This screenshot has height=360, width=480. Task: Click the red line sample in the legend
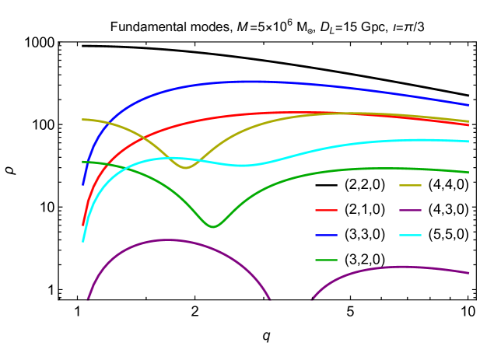tap(326, 210)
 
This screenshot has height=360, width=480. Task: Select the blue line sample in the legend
tap(326, 235)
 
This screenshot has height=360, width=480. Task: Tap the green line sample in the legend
tap(326, 260)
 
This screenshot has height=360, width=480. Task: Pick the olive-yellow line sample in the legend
tap(410, 185)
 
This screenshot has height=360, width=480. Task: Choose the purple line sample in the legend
tap(410, 210)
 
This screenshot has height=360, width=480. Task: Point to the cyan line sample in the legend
tap(410, 235)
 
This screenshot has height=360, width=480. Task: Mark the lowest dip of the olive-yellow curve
tap(185, 167)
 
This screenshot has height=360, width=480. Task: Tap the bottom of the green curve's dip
tap(213, 226)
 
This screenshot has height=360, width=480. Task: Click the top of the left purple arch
tap(166, 240)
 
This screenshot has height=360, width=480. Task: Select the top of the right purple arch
tap(401, 267)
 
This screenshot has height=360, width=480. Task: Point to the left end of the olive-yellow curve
tap(83, 119)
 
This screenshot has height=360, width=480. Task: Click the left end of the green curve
tap(83, 162)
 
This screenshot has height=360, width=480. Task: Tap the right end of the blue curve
tap(468, 104)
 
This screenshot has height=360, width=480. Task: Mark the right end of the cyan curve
tap(468, 142)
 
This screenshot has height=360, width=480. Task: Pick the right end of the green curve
tap(468, 172)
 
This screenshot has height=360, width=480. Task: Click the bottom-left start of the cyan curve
tap(83, 241)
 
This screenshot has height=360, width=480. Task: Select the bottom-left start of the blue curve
tap(83, 185)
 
